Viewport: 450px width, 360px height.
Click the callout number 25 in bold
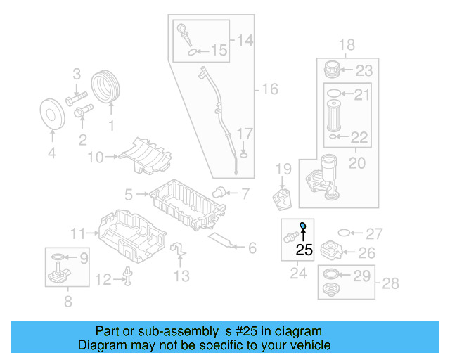[304, 249]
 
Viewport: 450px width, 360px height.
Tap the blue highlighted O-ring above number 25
[303, 226]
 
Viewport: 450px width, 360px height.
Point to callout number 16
[269, 89]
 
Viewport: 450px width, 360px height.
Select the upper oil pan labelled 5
[186, 205]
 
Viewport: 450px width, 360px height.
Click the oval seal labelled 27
[345, 233]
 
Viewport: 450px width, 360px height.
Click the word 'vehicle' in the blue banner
[309, 345]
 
